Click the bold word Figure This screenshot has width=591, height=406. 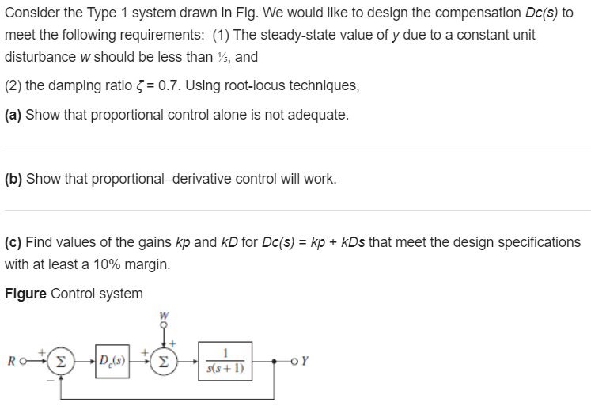(25, 294)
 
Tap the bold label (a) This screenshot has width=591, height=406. (13, 115)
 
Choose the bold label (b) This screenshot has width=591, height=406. (13, 178)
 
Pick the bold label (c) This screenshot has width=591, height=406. (13, 241)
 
